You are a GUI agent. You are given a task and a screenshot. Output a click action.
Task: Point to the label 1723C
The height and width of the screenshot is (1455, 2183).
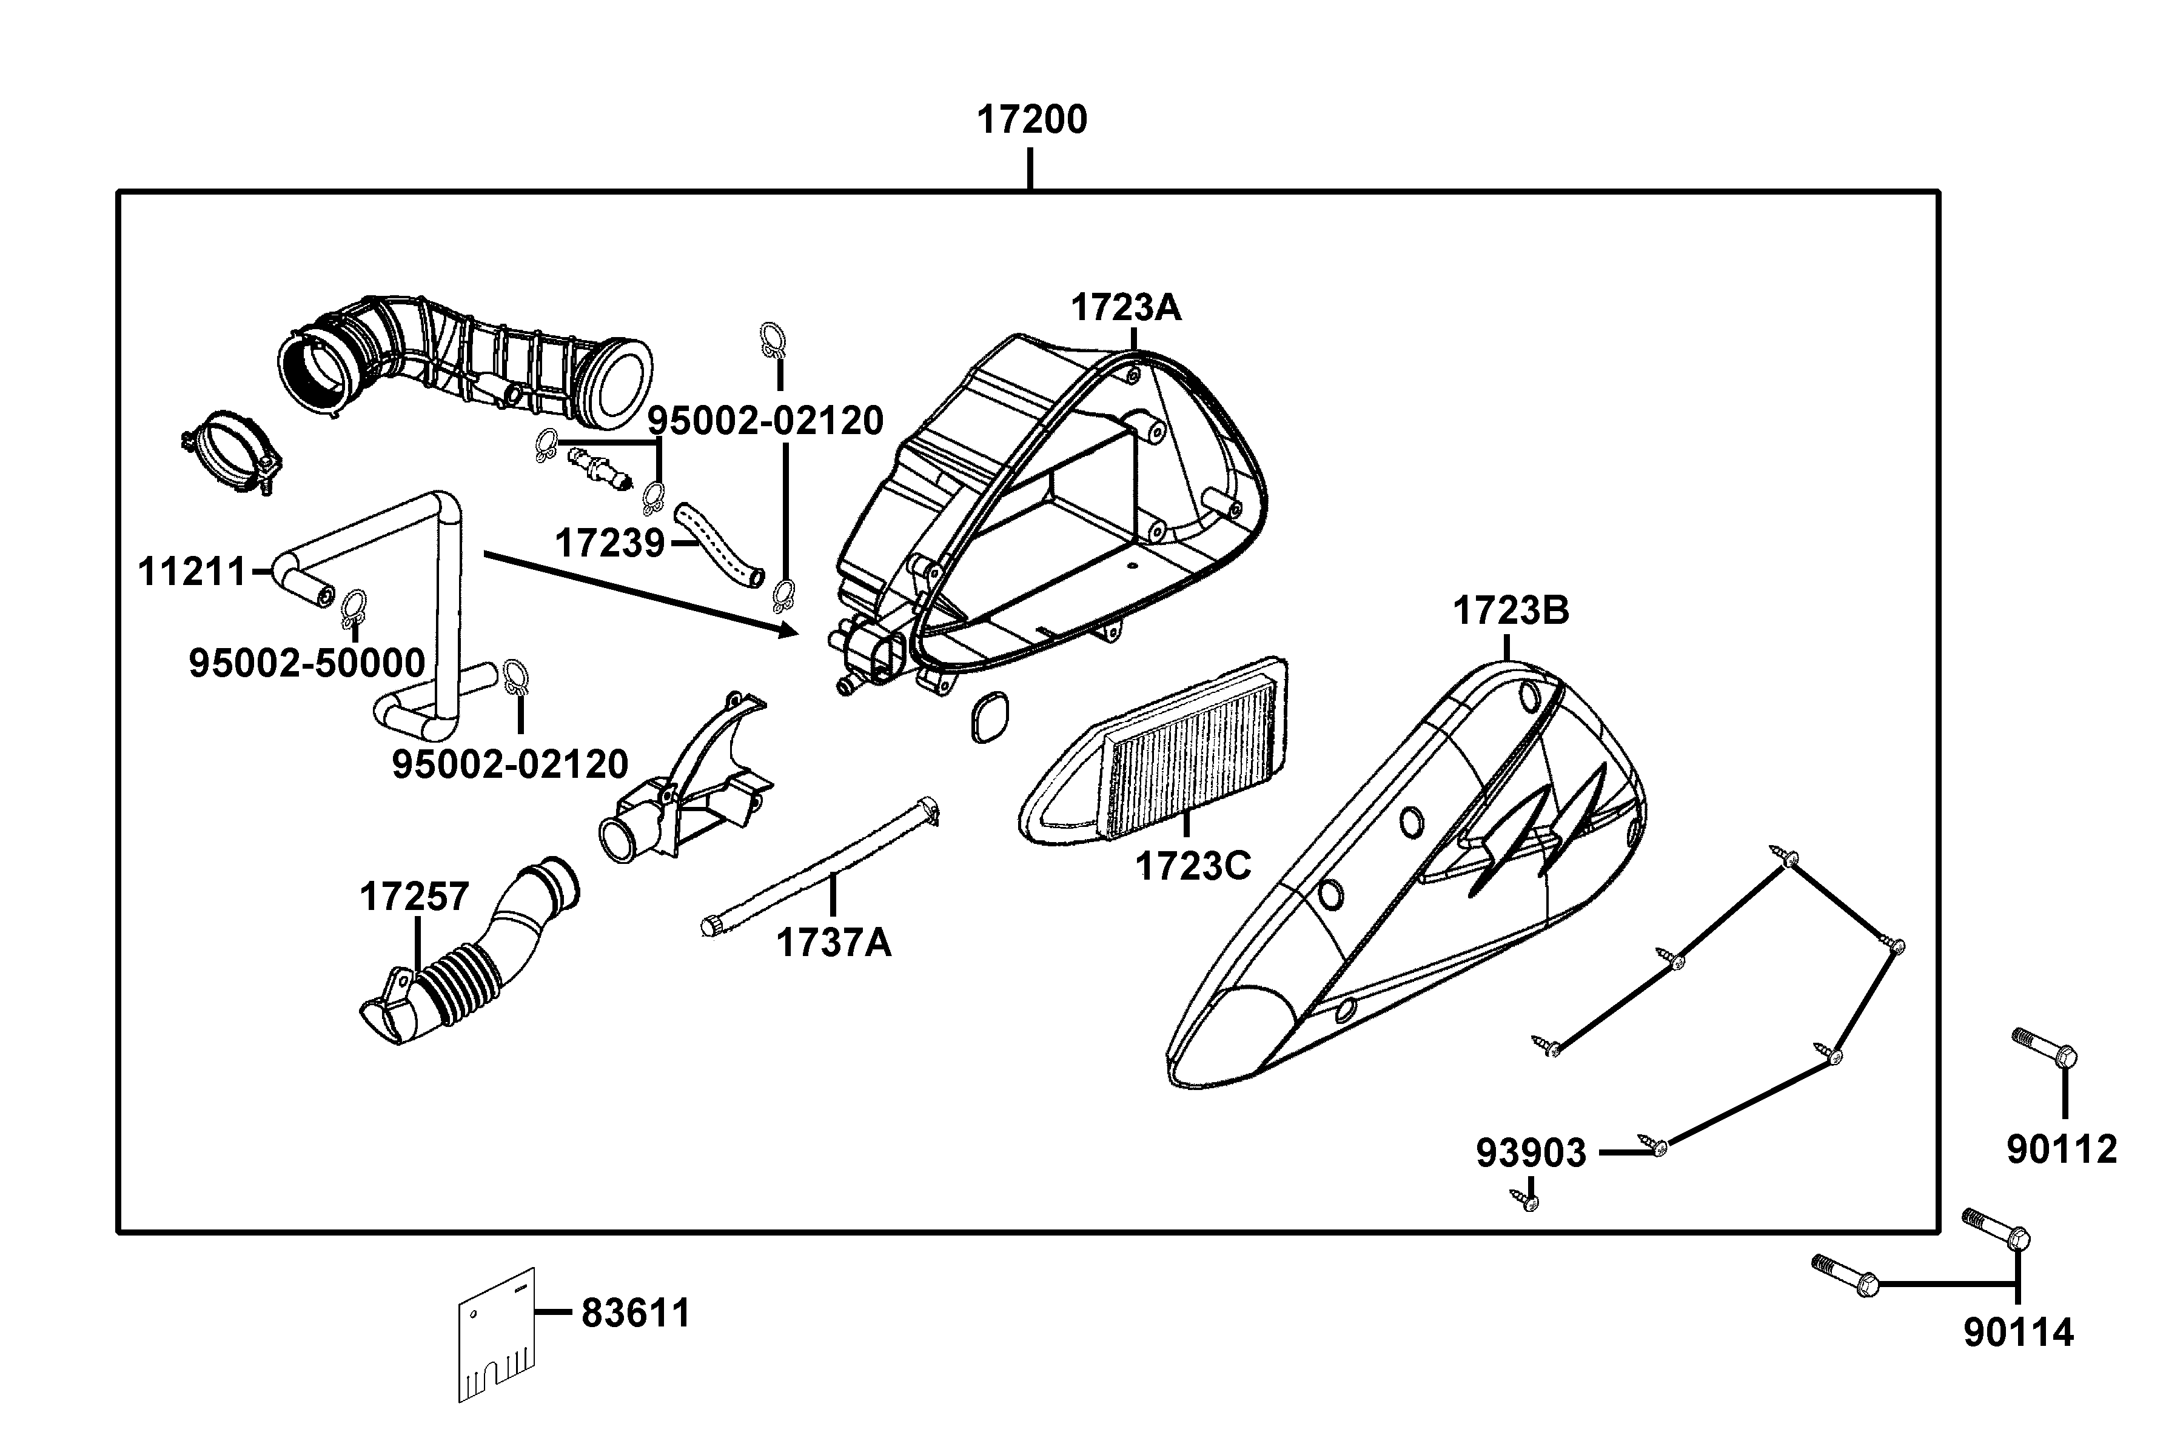click(x=1193, y=867)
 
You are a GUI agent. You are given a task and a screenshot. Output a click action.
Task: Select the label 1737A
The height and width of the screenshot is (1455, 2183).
click(x=833, y=944)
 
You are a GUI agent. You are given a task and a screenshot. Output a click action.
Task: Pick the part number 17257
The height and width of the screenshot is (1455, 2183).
click(x=414, y=897)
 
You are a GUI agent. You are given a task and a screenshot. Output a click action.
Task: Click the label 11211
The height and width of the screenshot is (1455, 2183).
click(x=192, y=572)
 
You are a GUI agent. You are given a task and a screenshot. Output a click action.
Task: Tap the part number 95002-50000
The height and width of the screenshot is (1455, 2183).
click(x=306, y=663)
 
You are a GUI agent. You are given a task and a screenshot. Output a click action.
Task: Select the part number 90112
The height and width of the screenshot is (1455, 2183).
click(x=2061, y=1149)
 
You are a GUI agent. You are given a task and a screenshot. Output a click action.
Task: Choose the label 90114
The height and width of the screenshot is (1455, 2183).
click(x=2018, y=1333)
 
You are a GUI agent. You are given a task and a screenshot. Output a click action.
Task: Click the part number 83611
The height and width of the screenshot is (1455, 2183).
click(x=635, y=1314)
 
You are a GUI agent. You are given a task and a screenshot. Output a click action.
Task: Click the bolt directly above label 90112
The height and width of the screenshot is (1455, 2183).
click(x=2045, y=1049)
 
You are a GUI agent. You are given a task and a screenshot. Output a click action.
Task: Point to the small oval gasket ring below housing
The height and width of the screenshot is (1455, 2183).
click(x=990, y=717)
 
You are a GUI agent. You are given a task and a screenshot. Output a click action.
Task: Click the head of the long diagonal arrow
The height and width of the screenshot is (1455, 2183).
click(x=794, y=632)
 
